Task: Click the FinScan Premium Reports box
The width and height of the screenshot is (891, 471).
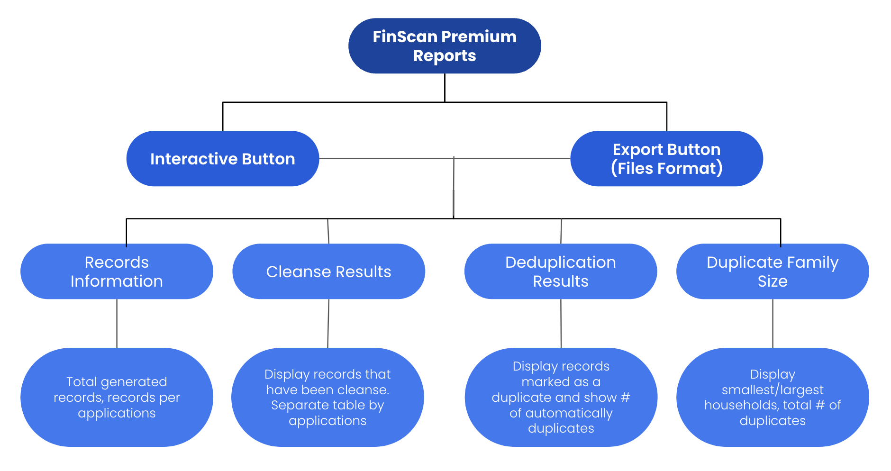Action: [x=445, y=46]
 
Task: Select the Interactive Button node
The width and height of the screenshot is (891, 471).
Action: [x=223, y=159]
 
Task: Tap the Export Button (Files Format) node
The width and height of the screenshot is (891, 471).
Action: [x=667, y=159]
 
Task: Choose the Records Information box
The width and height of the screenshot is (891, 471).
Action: [x=117, y=272]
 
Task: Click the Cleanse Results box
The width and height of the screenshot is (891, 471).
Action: [x=329, y=272]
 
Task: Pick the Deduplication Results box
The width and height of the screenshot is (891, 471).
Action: [x=561, y=272]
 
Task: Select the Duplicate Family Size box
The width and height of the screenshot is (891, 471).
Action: [x=773, y=272]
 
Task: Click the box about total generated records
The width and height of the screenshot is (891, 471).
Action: [x=117, y=397]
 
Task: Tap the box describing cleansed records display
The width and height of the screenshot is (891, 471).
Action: [x=327, y=397]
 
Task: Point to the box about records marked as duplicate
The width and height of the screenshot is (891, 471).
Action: [x=561, y=397]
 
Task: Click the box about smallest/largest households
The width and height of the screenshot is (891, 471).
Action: [x=773, y=397]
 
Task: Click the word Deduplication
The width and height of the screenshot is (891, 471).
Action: [x=561, y=262]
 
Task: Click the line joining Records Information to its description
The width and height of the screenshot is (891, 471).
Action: [x=117, y=324]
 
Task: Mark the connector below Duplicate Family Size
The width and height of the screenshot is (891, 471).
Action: [x=773, y=324]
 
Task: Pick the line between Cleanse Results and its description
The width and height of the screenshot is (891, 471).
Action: [x=328, y=324]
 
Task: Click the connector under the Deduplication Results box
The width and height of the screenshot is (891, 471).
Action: [x=561, y=324]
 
